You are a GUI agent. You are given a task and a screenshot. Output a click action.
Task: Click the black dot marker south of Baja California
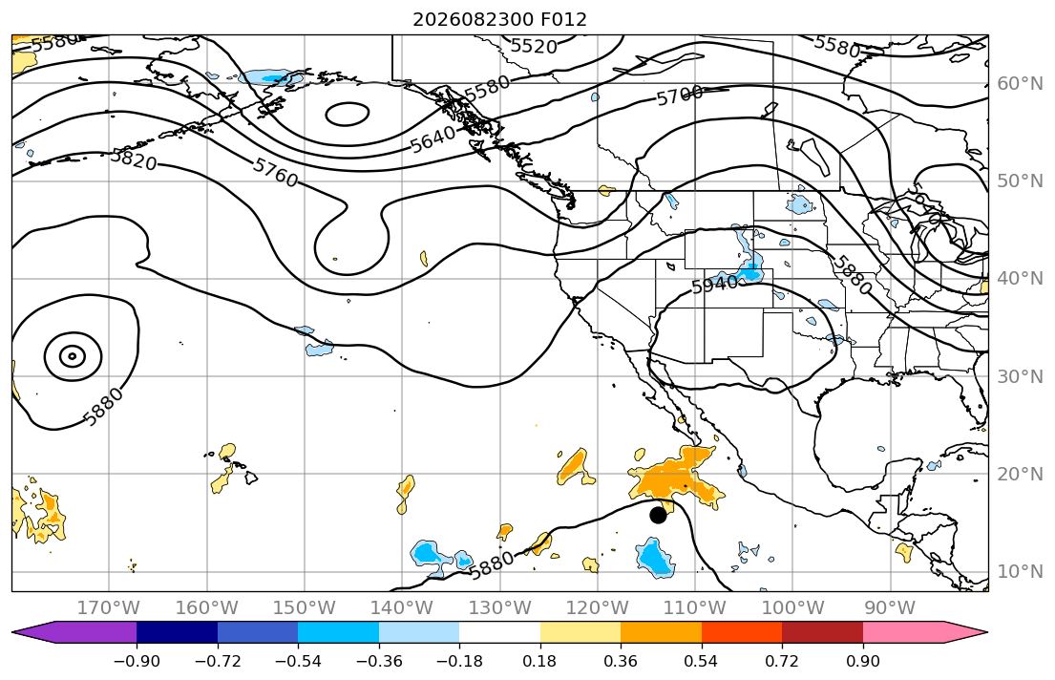pyautogui.click(x=658, y=515)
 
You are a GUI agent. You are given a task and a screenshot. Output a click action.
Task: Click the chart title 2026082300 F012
pyautogui.click(x=499, y=19)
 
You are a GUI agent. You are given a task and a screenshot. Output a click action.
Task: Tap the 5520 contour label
pyautogui.click(x=534, y=47)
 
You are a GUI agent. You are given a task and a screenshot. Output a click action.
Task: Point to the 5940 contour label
pyautogui.click(x=714, y=284)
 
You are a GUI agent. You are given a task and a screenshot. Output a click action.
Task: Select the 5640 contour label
pyautogui.click(x=433, y=140)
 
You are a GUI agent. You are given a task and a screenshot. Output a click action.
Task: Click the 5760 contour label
pyautogui.click(x=275, y=172)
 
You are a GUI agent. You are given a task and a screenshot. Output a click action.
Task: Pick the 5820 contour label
pyautogui.click(x=134, y=159)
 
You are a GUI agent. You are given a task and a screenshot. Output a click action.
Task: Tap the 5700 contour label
pyautogui.click(x=680, y=96)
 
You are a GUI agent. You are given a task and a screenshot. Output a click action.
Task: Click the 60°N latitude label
pyautogui.click(x=1020, y=83)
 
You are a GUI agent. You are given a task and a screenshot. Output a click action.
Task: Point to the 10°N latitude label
pyautogui.click(x=1020, y=572)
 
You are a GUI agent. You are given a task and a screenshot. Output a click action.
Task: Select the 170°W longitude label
pyautogui.click(x=108, y=608)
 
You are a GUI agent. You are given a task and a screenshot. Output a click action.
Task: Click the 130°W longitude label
pyautogui.click(x=499, y=608)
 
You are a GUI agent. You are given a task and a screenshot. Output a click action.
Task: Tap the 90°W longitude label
pyautogui.click(x=890, y=608)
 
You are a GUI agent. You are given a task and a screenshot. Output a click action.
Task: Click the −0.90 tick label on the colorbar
pyautogui.click(x=137, y=661)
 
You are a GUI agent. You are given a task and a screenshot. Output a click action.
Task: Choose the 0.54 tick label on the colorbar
pyautogui.click(x=701, y=661)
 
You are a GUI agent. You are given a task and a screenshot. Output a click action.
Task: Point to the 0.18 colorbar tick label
pyautogui.click(x=539, y=661)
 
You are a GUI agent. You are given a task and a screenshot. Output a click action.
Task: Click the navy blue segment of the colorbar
pyautogui.click(x=177, y=632)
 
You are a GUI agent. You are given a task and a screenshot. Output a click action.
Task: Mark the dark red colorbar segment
pyautogui.click(x=822, y=632)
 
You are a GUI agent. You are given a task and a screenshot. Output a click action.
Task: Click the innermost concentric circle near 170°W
pyautogui.click(x=72, y=355)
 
